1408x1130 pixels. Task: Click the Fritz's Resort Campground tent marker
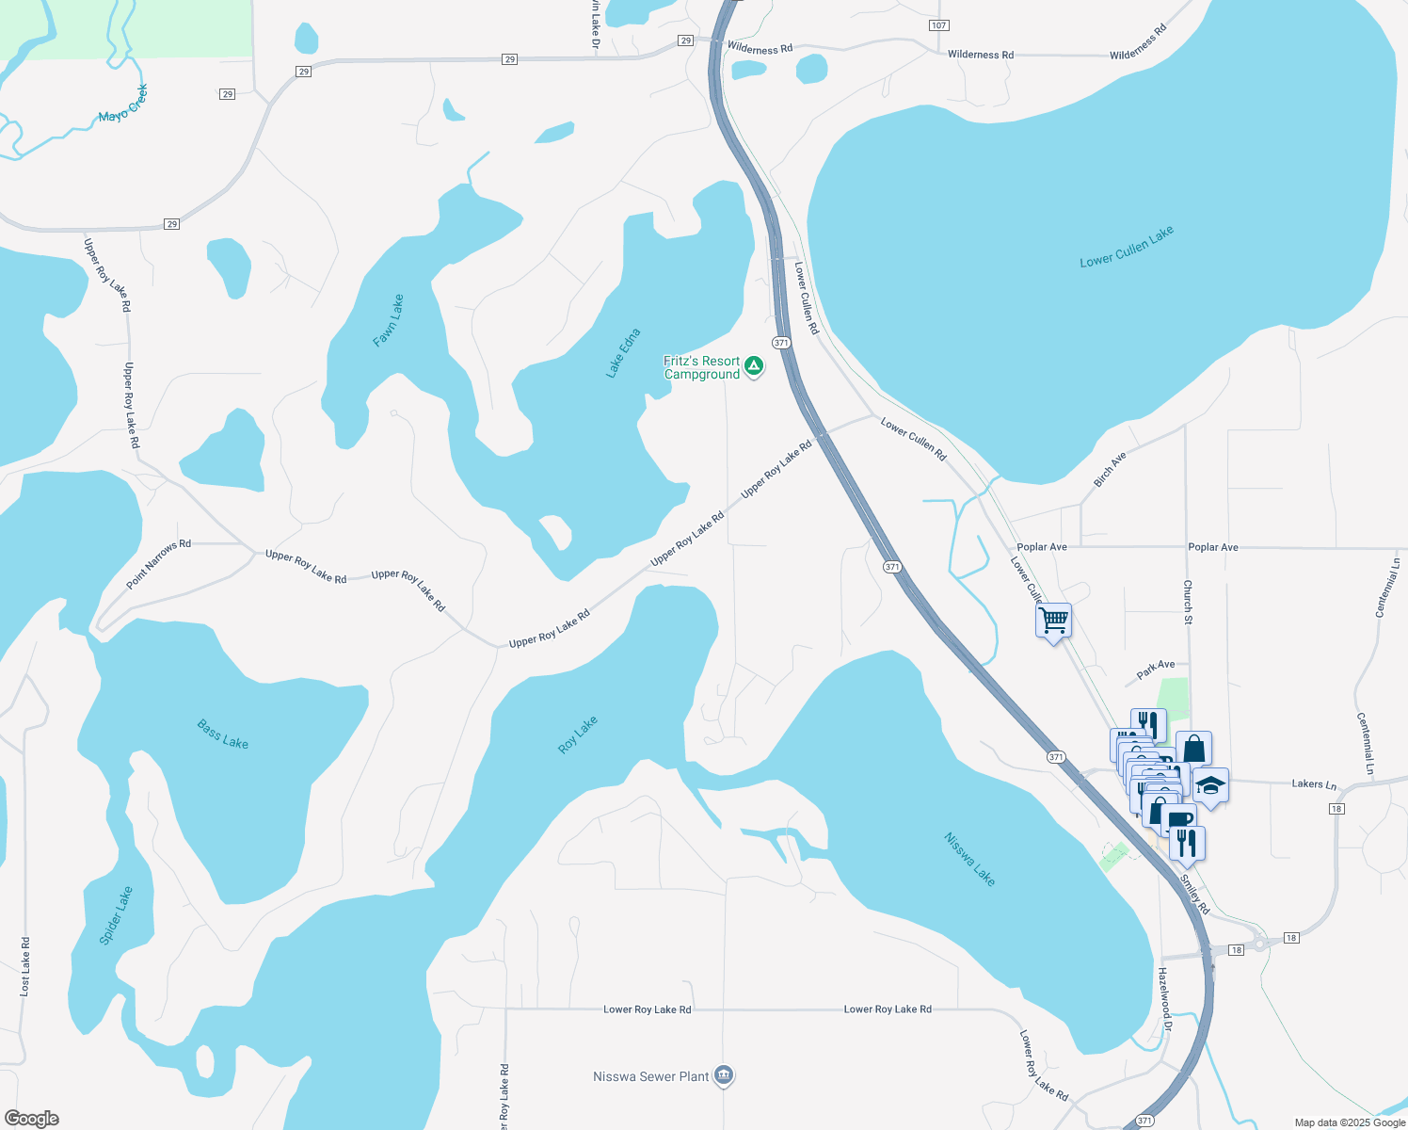point(754,366)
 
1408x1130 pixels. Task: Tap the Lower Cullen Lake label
point(1127,247)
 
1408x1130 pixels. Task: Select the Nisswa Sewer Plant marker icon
point(724,1075)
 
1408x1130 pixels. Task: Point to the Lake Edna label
point(623,353)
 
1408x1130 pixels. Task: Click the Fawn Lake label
point(389,321)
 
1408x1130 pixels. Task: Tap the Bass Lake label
point(223,734)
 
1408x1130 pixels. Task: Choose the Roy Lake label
point(578,734)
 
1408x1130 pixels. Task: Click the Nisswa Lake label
point(969,859)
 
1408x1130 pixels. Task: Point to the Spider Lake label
point(117,915)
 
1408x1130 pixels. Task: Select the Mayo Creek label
point(123,104)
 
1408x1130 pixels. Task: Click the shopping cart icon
point(1053,620)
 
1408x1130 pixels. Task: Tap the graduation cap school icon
point(1210,784)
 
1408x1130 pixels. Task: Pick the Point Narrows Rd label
point(158,565)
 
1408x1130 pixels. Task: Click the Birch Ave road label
point(1111,470)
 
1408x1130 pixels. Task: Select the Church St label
point(1188,603)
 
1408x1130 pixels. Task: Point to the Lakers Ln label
point(1314,784)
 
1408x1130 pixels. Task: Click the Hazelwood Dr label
point(1164,1000)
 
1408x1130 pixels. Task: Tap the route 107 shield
point(938,24)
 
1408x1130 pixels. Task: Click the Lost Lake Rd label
point(25,966)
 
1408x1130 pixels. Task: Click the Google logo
point(32,1119)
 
